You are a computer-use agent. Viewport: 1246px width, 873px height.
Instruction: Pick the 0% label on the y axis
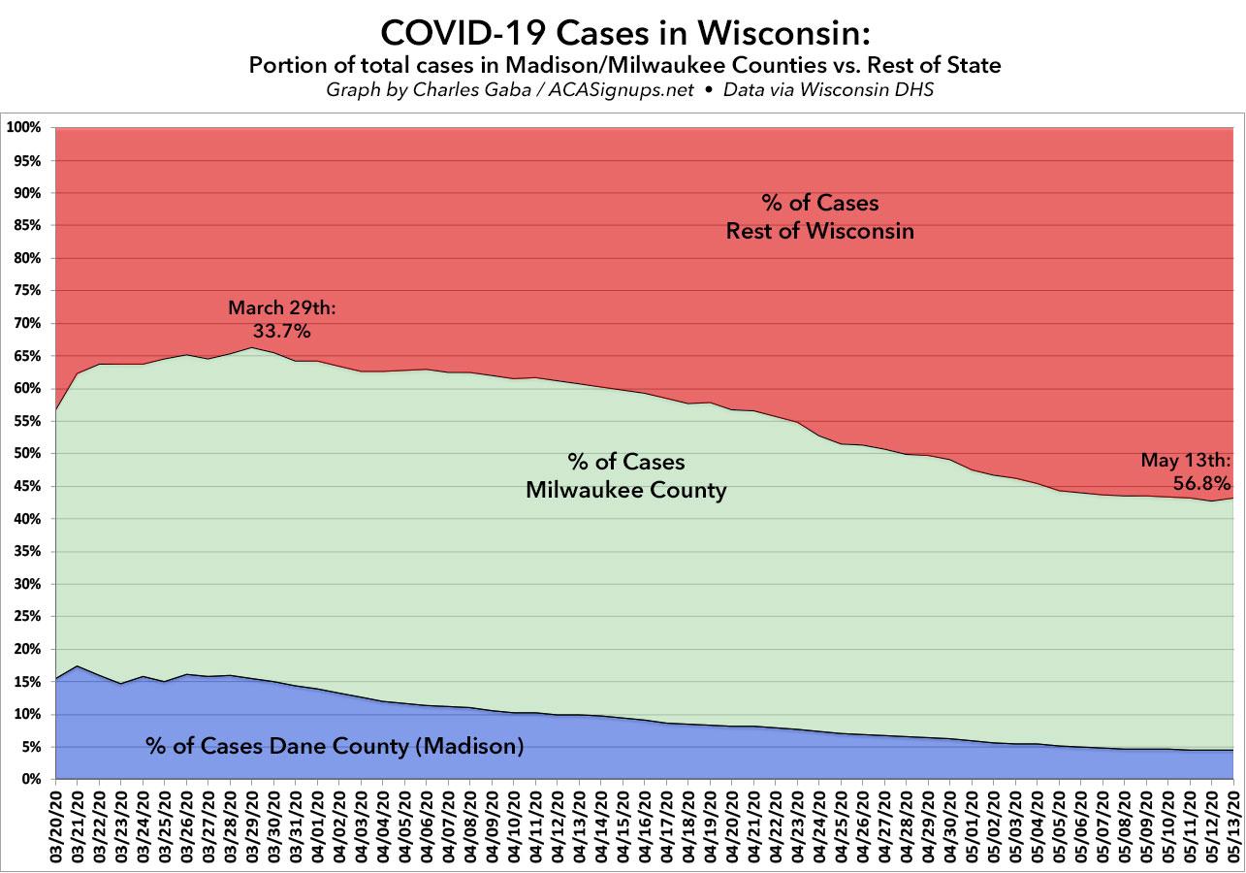point(29,780)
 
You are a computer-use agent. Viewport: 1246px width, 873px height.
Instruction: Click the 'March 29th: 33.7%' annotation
point(281,319)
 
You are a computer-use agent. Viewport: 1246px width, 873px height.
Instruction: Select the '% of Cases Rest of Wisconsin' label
point(820,217)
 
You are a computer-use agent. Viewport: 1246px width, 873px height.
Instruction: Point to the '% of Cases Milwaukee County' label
point(625,475)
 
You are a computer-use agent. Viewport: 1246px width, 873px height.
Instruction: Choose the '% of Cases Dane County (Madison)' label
point(335,746)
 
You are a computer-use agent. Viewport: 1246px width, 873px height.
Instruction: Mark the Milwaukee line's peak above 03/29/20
point(252,348)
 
